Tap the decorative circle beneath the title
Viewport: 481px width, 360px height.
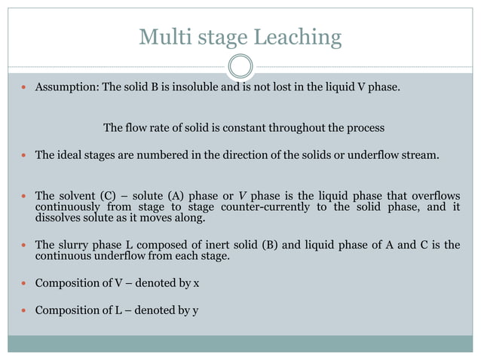(240, 66)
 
